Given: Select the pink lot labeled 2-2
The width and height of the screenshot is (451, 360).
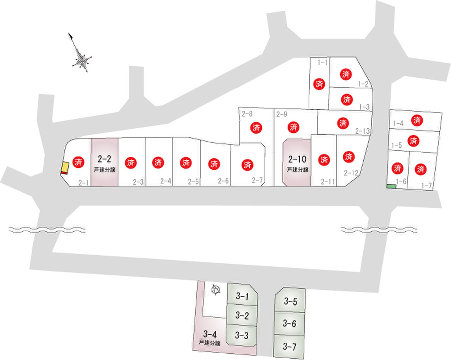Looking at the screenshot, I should pyautogui.click(x=104, y=162).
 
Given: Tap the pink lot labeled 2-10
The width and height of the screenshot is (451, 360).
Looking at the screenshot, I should pyautogui.click(x=297, y=162).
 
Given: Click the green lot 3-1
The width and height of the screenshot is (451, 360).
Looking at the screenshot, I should pyautogui.click(x=242, y=296).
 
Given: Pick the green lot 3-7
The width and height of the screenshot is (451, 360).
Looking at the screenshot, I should pyautogui.click(x=290, y=346).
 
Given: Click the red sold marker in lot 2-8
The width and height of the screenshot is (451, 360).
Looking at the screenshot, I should pyautogui.click(x=257, y=127).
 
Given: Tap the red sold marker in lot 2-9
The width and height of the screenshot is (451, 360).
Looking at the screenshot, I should pyautogui.click(x=294, y=127).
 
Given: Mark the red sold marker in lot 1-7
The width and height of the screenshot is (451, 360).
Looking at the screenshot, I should pyautogui.click(x=421, y=170).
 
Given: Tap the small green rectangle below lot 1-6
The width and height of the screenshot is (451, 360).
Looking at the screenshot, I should pyautogui.click(x=391, y=186).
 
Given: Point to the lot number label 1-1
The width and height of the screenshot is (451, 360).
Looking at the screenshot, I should pyautogui.click(x=322, y=62).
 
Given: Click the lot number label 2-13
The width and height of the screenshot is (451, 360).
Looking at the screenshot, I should pyautogui.click(x=362, y=131).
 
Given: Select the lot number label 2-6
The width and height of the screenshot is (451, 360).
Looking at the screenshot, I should pyautogui.click(x=223, y=181).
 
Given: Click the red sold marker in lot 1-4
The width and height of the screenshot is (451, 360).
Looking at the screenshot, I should pyautogui.click(x=417, y=120).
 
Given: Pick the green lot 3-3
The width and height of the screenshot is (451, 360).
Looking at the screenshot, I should pyautogui.click(x=242, y=335).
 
